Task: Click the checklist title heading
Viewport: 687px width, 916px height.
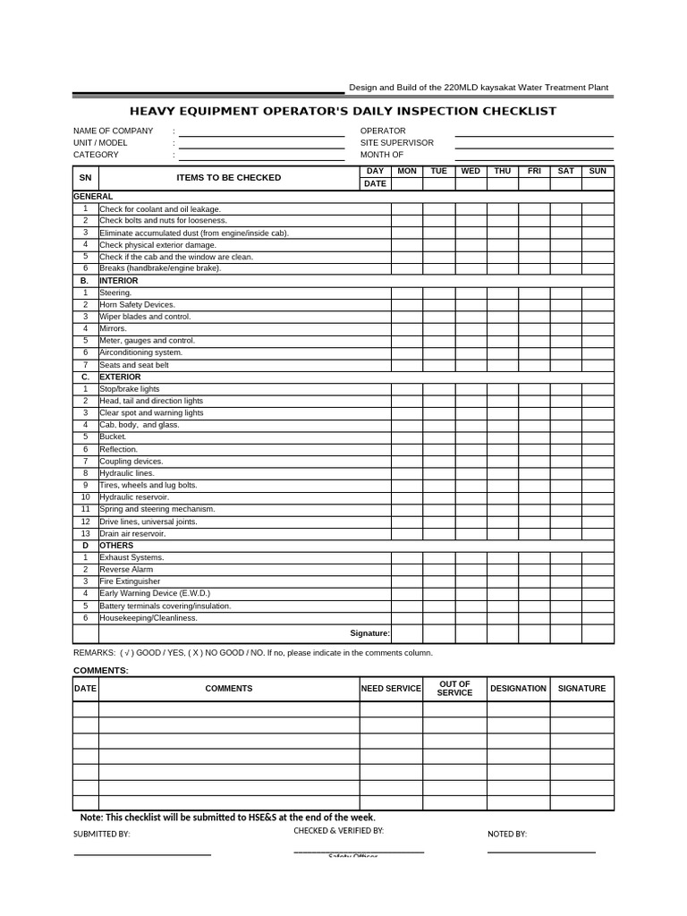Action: point(343,111)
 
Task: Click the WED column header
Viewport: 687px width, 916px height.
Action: point(471,171)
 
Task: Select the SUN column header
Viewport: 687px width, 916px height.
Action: point(598,171)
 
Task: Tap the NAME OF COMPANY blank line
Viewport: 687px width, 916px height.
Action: point(261,132)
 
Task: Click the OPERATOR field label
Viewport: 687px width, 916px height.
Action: point(383,131)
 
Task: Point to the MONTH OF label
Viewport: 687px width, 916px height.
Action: point(382,155)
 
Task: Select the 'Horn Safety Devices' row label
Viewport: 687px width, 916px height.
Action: point(137,305)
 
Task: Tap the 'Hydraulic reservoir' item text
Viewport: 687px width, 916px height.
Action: point(134,497)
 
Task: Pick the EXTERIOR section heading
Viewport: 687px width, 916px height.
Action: point(120,377)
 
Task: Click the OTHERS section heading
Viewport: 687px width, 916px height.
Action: point(116,546)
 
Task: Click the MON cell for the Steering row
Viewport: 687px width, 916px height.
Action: point(407,293)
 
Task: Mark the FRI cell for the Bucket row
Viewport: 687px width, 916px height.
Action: point(534,437)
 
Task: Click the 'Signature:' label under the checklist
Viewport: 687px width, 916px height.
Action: point(369,633)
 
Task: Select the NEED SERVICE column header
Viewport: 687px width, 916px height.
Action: point(391,689)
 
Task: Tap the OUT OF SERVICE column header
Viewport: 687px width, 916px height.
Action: point(454,689)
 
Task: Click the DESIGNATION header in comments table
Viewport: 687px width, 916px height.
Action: point(518,689)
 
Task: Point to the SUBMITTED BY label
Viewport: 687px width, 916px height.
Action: point(101,834)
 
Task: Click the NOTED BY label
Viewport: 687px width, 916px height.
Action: point(506,834)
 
